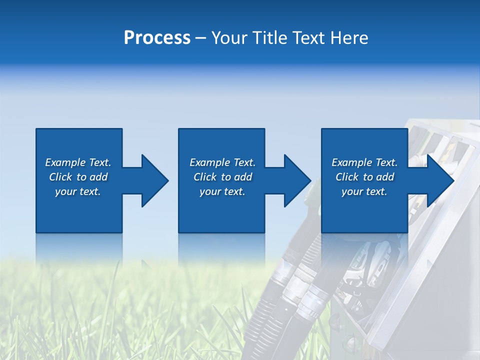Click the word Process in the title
[157, 38]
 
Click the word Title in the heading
[270, 38]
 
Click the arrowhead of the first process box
[154, 180]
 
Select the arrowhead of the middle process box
[297, 180]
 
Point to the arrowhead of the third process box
[440, 180]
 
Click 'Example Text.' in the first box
[78, 162]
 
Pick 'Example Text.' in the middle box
[222, 162]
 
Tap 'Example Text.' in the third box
[364, 162]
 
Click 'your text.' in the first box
[78, 191]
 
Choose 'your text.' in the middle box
[222, 191]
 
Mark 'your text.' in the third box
[364, 191]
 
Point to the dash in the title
[200, 38]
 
